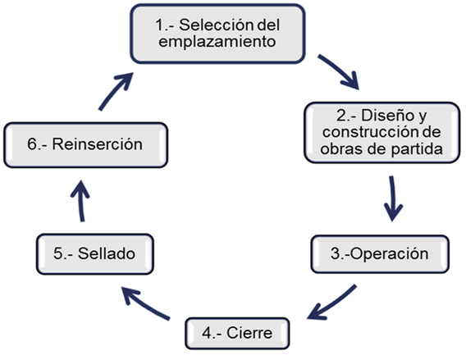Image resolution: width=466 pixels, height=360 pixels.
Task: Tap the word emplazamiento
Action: click(217, 41)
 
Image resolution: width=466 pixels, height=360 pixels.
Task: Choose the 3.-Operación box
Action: click(380, 254)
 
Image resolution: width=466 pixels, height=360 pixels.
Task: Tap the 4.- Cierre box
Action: click(237, 333)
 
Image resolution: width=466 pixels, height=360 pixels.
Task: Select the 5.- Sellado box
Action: click(95, 254)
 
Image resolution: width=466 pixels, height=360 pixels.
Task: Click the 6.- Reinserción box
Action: click(86, 144)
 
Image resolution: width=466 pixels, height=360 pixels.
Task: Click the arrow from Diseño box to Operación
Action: click(393, 198)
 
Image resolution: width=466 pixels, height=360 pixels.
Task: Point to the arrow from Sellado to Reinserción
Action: click(80, 201)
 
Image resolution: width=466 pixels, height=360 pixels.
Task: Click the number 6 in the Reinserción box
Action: click(32, 144)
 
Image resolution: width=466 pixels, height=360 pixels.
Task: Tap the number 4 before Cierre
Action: click(207, 333)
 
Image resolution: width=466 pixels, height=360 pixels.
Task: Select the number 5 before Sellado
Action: click(58, 253)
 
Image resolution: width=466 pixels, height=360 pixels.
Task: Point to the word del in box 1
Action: click(268, 25)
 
